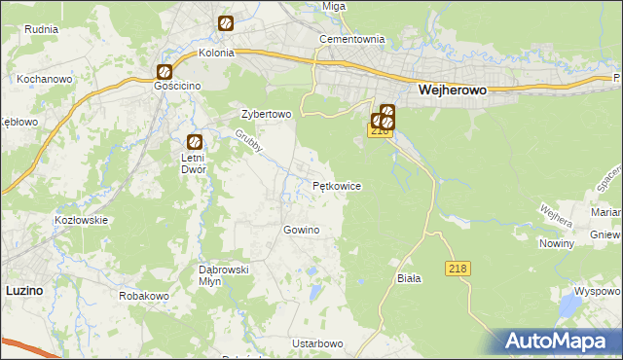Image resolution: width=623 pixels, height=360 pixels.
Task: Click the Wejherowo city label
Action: (452, 89)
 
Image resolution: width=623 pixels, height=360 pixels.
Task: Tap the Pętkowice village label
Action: (337, 185)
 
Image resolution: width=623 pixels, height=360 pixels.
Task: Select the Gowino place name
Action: (301, 230)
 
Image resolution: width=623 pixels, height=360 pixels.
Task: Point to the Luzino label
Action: (23, 290)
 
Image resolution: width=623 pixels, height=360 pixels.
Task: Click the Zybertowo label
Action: (267, 114)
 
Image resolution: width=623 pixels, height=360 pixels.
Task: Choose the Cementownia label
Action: (353, 40)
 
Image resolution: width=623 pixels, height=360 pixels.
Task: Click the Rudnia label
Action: (42, 28)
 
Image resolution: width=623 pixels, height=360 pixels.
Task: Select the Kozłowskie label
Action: (81, 220)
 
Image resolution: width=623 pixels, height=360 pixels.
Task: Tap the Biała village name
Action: (409, 278)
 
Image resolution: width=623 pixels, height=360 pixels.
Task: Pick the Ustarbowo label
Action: (317, 344)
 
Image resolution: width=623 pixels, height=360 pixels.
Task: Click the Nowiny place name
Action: (556, 243)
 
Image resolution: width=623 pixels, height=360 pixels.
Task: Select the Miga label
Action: (334, 6)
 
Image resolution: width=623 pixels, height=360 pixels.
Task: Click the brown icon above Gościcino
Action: (165, 71)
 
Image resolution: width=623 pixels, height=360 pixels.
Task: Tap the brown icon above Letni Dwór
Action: (194, 140)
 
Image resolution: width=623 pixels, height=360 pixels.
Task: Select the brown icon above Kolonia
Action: (226, 23)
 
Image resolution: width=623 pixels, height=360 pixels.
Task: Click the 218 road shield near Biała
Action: (459, 268)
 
